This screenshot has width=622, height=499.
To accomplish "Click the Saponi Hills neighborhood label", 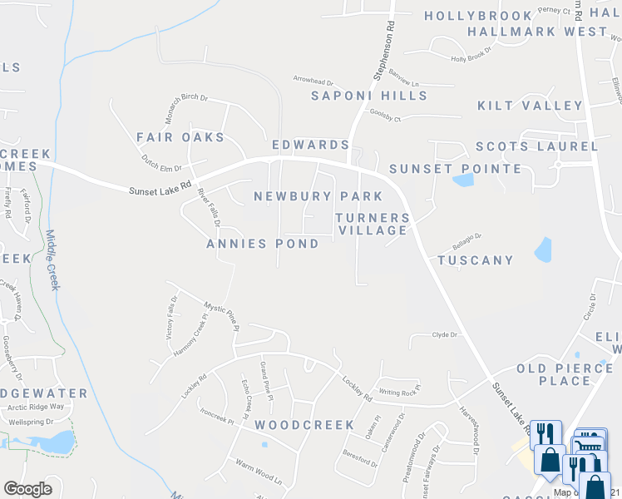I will [369, 96].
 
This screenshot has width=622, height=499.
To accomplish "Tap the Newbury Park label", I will [318, 197].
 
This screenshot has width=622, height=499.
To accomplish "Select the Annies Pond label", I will [263, 244].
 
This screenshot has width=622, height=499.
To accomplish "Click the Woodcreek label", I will [304, 425].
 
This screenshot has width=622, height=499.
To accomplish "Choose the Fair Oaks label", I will [180, 136].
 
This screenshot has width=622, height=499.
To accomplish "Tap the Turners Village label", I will [373, 224].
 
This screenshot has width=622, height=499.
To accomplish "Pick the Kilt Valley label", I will [531, 106].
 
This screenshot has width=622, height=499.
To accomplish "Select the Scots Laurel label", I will [536, 146].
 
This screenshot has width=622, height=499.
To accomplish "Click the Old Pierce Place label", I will [554, 374].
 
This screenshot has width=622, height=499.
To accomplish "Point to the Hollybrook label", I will [478, 16].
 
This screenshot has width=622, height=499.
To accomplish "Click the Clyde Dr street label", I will [445, 334].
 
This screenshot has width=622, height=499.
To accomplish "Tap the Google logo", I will [27, 489].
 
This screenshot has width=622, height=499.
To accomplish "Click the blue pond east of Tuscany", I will [543, 249].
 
